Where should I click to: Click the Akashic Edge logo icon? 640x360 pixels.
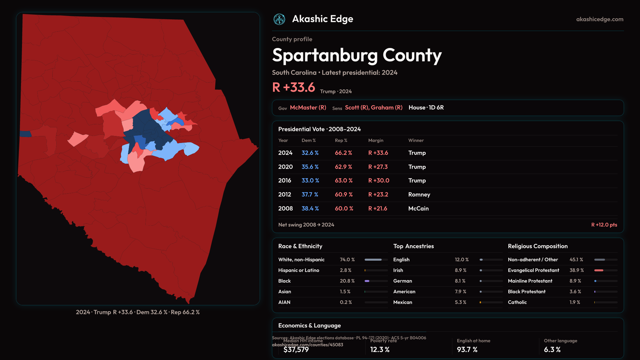[x=279, y=19]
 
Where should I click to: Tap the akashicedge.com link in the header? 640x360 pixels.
[x=600, y=19]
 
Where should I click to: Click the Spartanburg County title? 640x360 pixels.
[x=357, y=55]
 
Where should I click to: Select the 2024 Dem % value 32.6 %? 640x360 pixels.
[x=310, y=153]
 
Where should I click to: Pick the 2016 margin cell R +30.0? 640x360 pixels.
[x=379, y=181]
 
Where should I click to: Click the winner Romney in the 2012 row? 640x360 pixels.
[x=419, y=195]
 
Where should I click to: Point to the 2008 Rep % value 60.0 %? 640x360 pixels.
[x=344, y=209]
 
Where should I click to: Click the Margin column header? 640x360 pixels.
[x=376, y=141]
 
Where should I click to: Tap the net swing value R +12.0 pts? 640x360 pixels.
[x=604, y=225]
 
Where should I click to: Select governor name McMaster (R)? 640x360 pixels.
[x=308, y=108]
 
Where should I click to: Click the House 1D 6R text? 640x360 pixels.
[x=426, y=108]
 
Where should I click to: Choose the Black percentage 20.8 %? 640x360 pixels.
[x=347, y=281]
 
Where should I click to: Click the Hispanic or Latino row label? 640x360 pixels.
[x=299, y=270]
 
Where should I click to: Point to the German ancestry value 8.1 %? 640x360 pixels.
[x=460, y=281]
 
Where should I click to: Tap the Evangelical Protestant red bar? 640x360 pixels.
[x=599, y=270]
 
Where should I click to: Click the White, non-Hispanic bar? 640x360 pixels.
[x=373, y=260]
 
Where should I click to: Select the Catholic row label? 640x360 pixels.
[x=517, y=302]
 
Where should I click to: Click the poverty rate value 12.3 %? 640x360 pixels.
[x=380, y=350]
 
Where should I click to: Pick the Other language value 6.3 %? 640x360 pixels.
[x=552, y=350]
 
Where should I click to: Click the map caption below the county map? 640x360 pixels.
[x=138, y=312]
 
